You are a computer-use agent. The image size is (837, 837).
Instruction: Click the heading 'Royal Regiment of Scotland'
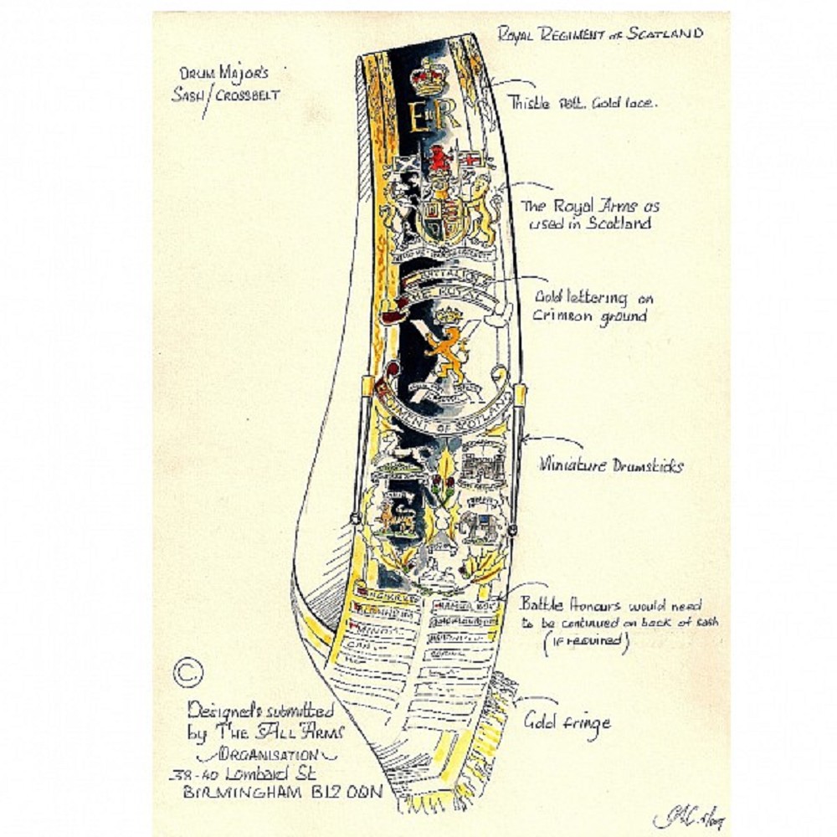click(x=600, y=34)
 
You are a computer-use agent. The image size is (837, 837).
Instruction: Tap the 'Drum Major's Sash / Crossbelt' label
click(x=225, y=85)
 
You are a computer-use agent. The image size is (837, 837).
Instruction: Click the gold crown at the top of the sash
click(x=429, y=76)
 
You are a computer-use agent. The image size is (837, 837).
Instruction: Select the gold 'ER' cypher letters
click(x=428, y=119)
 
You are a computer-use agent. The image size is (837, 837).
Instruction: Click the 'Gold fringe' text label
click(x=567, y=721)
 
